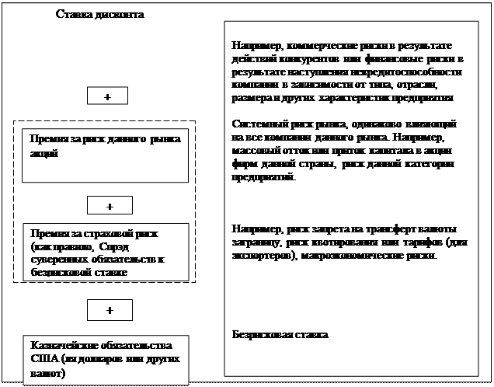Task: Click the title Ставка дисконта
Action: pyautogui.click(x=100, y=15)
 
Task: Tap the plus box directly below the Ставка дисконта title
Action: pyautogui.click(x=106, y=96)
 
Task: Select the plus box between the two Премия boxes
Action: pyautogui.click(x=110, y=206)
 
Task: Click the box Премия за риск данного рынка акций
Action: pyautogui.click(x=105, y=154)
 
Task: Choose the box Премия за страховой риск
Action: pyautogui.click(x=105, y=253)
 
